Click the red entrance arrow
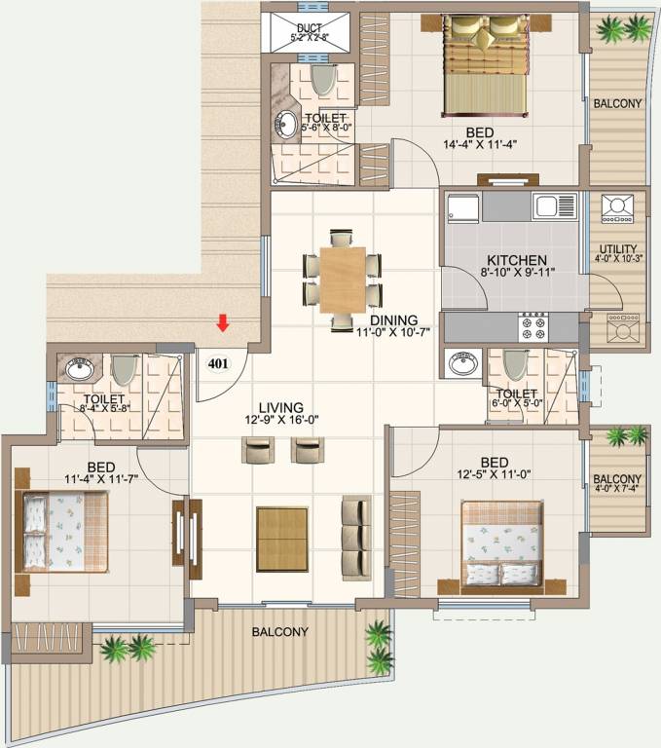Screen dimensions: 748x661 tap(223, 323)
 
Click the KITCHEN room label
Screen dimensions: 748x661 tap(516, 261)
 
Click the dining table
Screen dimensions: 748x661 tap(341, 279)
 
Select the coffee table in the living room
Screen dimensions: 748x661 tap(281, 539)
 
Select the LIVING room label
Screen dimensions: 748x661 tap(280, 407)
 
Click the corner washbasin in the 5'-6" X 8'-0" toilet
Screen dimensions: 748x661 tap(287, 124)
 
